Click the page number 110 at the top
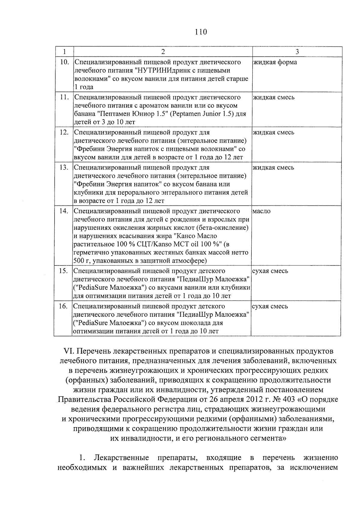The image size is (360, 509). click(x=201, y=32)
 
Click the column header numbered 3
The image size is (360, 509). click(x=297, y=52)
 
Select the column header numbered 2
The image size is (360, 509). click(x=163, y=52)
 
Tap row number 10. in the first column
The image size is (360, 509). click(x=64, y=62)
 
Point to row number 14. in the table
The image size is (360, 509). click(x=64, y=211)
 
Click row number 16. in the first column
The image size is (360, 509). click(x=63, y=306)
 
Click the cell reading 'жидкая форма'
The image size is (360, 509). click(x=275, y=62)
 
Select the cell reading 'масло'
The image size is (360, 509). click(x=262, y=211)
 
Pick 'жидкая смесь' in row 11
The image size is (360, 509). click(x=274, y=97)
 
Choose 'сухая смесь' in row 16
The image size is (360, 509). click(x=270, y=306)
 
